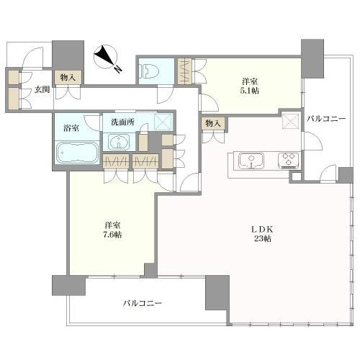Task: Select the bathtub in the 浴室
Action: (x=75, y=153)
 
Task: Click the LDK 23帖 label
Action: (x=261, y=234)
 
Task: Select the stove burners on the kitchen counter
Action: (x=288, y=159)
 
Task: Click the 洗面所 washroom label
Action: (x=122, y=122)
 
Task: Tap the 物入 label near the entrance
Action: (x=68, y=76)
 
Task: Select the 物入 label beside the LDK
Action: (x=212, y=123)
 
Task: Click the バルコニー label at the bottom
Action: (x=142, y=303)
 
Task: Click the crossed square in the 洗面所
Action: (x=163, y=122)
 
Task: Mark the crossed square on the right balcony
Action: (x=290, y=121)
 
